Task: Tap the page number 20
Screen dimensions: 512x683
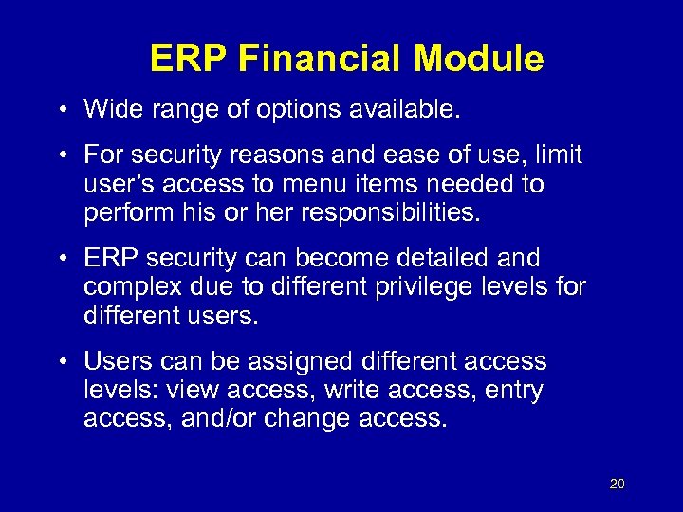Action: [x=618, y=485]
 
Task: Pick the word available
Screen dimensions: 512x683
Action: [x=408, y=109]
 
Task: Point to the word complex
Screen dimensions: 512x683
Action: [x=130, y=287]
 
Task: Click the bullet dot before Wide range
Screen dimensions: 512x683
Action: [x=60, y=110]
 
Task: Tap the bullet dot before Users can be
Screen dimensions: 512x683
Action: [x=60, y=362]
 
